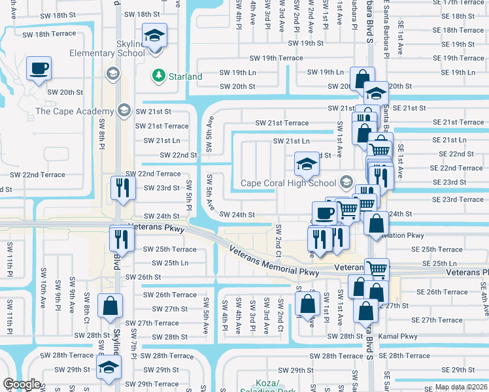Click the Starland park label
[x=185, y=76]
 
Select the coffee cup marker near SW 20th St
[x=39, y=69]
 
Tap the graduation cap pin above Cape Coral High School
[x=305, y=165]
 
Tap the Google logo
[x=22, y=384]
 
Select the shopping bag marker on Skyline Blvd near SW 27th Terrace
[x=110, y=305]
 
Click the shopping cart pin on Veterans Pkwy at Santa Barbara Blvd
[x=377, y=268]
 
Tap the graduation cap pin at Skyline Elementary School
[x=155, y=36]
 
